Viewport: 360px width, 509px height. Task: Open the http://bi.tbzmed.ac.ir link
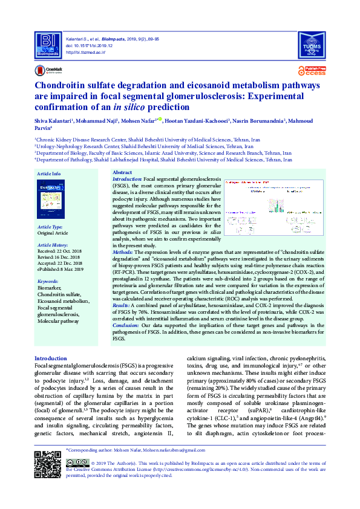84,53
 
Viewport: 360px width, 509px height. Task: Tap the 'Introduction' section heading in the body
51,358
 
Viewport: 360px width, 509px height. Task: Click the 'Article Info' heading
49,174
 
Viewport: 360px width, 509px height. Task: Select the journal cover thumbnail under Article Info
50,199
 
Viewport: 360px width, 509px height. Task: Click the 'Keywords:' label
48,282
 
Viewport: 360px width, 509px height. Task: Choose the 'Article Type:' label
50,227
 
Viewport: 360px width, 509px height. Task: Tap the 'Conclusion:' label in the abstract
129,326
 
